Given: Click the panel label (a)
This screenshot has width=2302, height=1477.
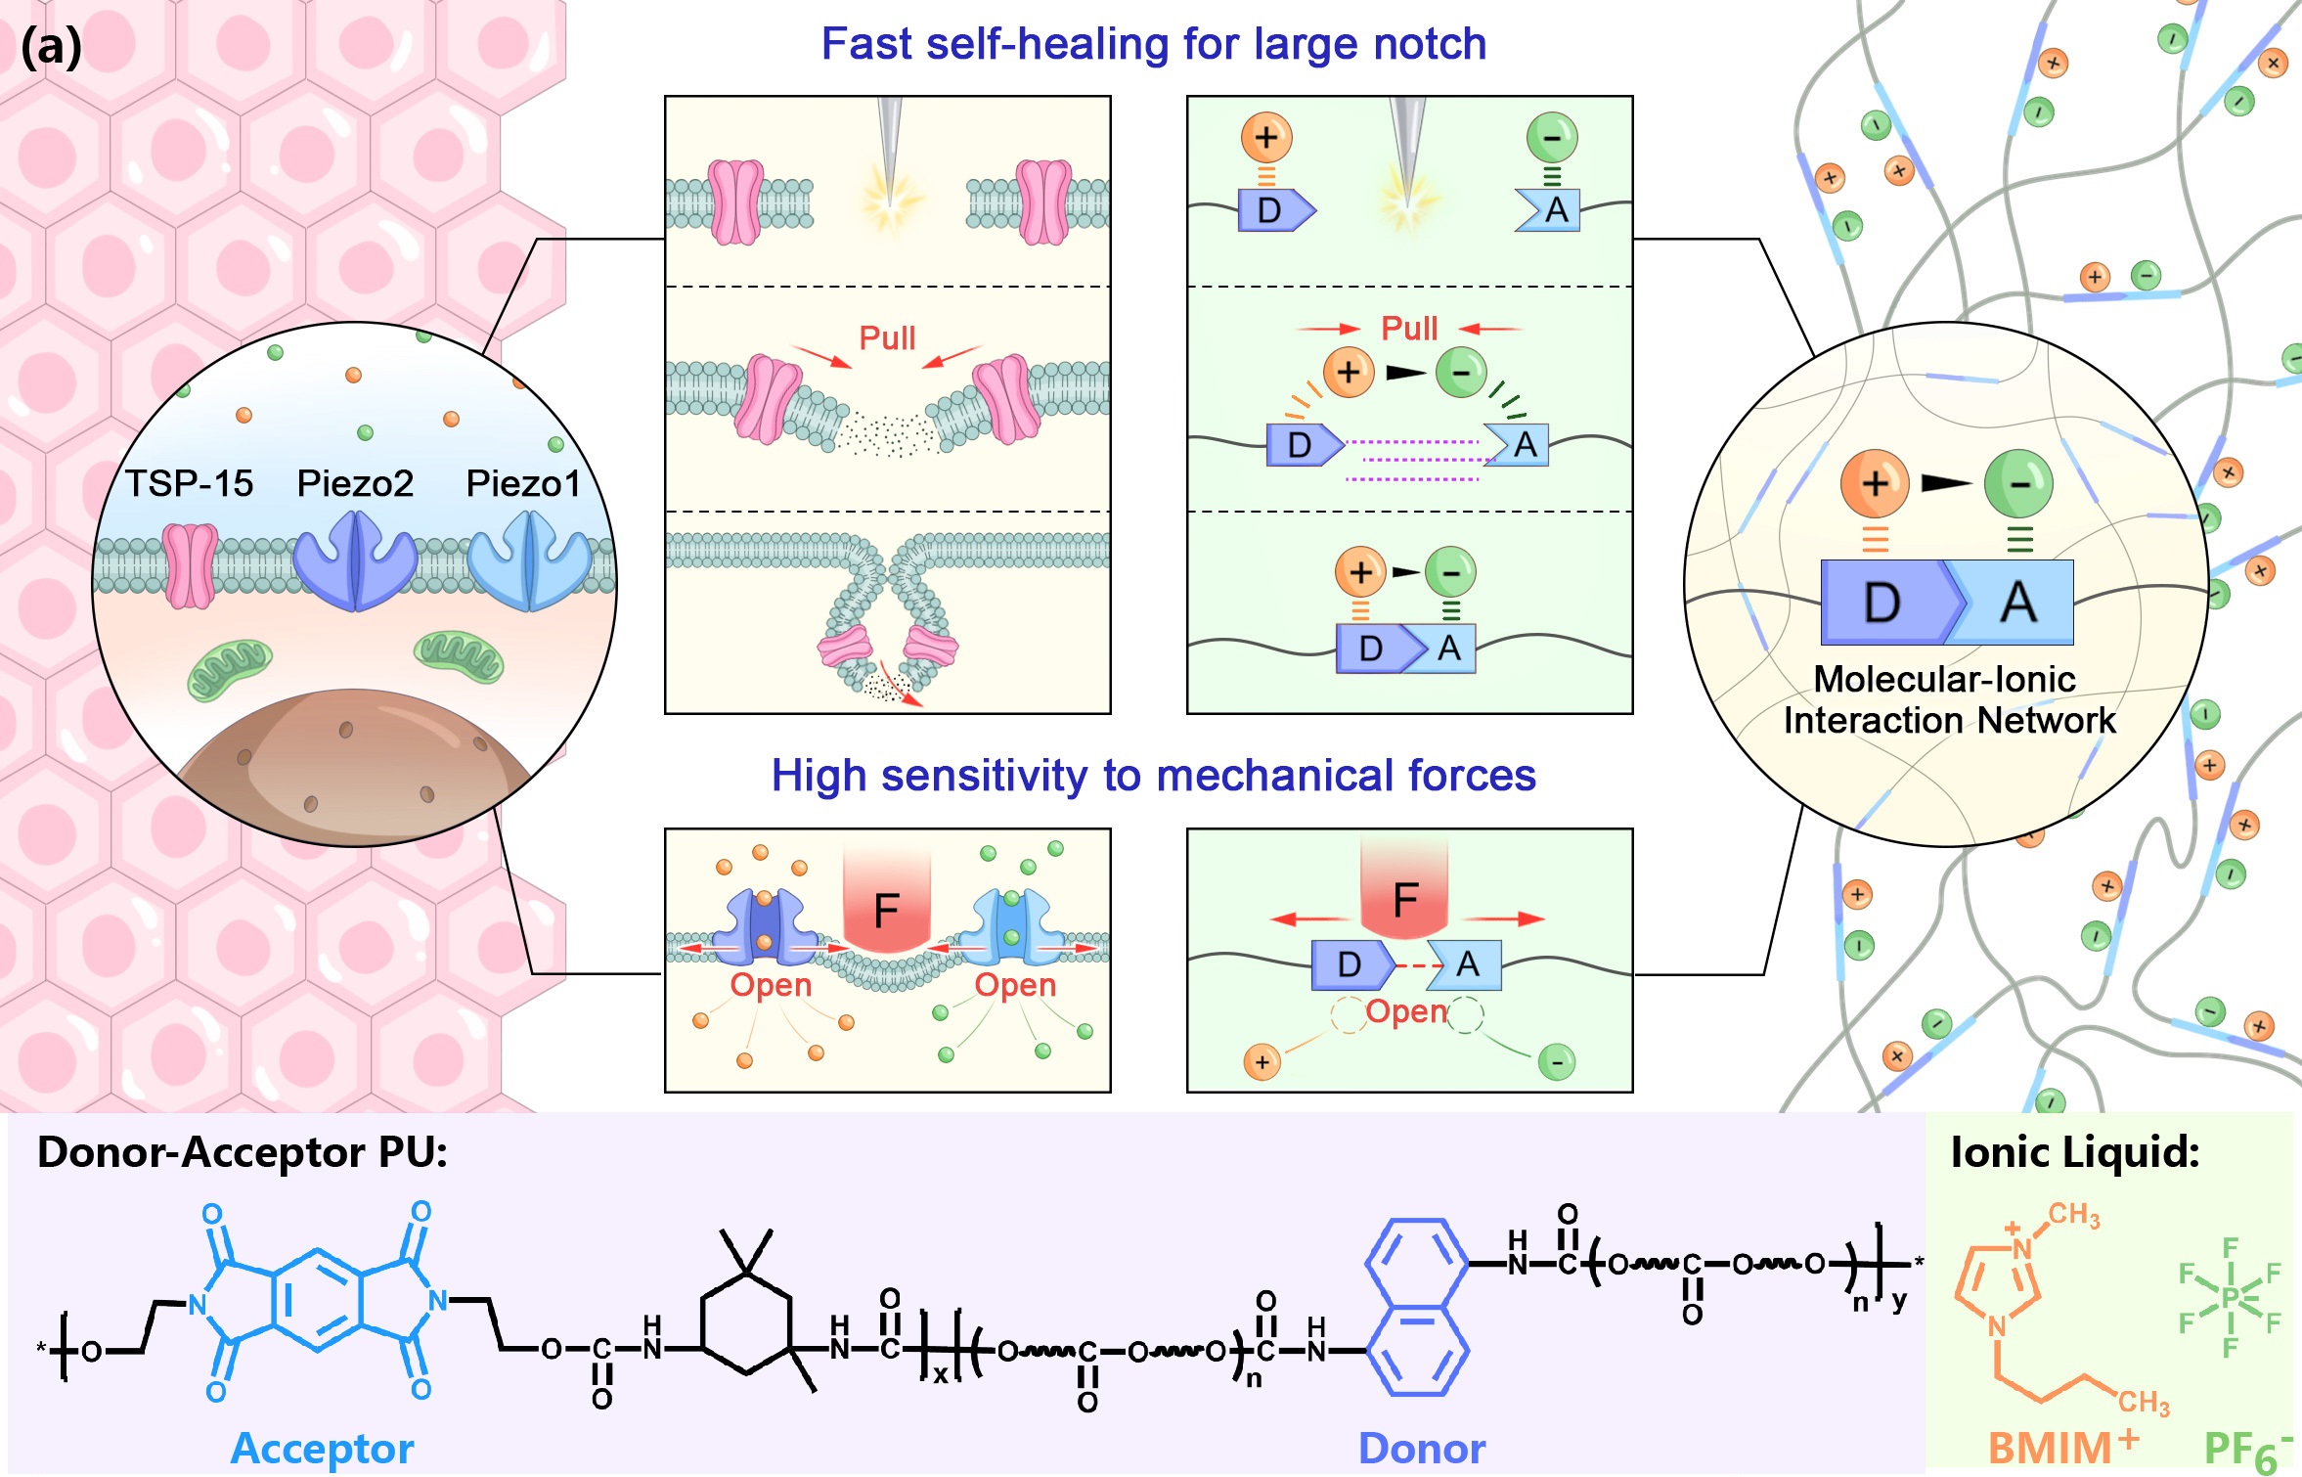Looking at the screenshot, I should [x=51, y=47].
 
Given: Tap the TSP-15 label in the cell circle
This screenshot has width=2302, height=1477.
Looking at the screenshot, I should [x=190, y=483].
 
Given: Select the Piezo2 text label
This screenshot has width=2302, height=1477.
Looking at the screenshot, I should [x=355, y=483].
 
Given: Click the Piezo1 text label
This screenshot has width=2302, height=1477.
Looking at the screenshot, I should [x=523, y=483].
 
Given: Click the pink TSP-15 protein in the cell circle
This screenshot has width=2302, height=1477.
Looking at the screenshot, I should [x=190, y=565].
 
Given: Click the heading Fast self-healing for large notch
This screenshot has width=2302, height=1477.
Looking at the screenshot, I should [x=1153, y=44].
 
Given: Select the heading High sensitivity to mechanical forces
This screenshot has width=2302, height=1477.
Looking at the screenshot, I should [x=1153, y=776].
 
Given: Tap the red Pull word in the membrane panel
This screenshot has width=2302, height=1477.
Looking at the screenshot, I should [x=887, y=337].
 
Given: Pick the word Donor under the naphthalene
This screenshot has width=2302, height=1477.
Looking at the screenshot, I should [x=1421, y=1449].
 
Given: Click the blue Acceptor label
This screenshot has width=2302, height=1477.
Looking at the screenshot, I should [x=322, y=1449].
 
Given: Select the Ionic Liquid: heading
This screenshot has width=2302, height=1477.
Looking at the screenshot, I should [x=2074, y=1152].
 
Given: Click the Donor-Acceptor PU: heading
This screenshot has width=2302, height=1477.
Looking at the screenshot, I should [x=242, y=1152].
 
